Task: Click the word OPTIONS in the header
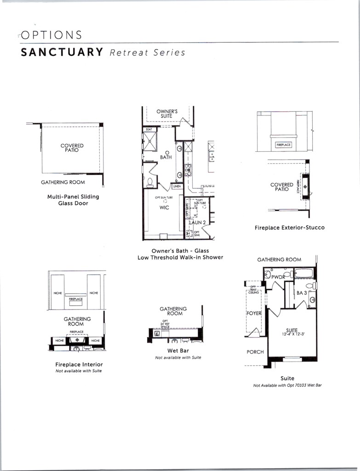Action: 51,35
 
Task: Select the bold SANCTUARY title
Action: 62,52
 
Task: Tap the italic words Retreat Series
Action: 148,52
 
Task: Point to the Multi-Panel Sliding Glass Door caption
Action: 73,200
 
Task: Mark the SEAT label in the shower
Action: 149,130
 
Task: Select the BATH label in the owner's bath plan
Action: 166,157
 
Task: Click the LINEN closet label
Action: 177,186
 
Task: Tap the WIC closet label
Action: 164,207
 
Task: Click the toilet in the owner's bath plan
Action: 150,181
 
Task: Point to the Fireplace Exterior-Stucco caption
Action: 290,228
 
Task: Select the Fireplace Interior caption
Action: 79,364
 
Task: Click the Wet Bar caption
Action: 176,350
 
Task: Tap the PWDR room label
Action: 279,277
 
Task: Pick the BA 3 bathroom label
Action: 302,292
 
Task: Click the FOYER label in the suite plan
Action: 254,313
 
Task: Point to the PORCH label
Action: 255,352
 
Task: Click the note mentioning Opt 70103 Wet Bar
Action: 287,385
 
